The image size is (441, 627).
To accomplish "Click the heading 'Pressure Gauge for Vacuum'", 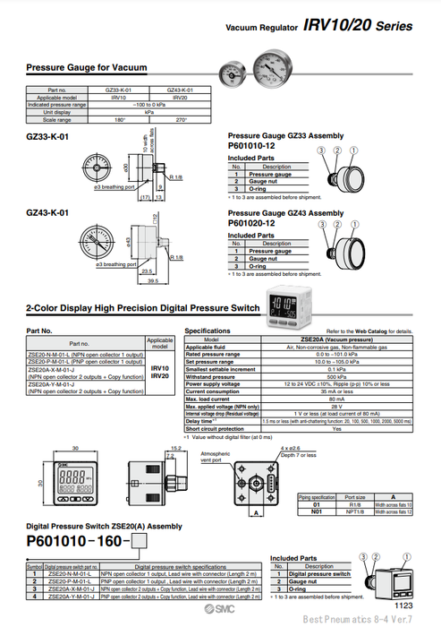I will (x=87, y=67).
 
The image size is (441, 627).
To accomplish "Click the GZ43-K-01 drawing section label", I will (x=48, y=212).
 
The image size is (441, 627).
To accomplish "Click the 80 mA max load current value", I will (x=336, y=398).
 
